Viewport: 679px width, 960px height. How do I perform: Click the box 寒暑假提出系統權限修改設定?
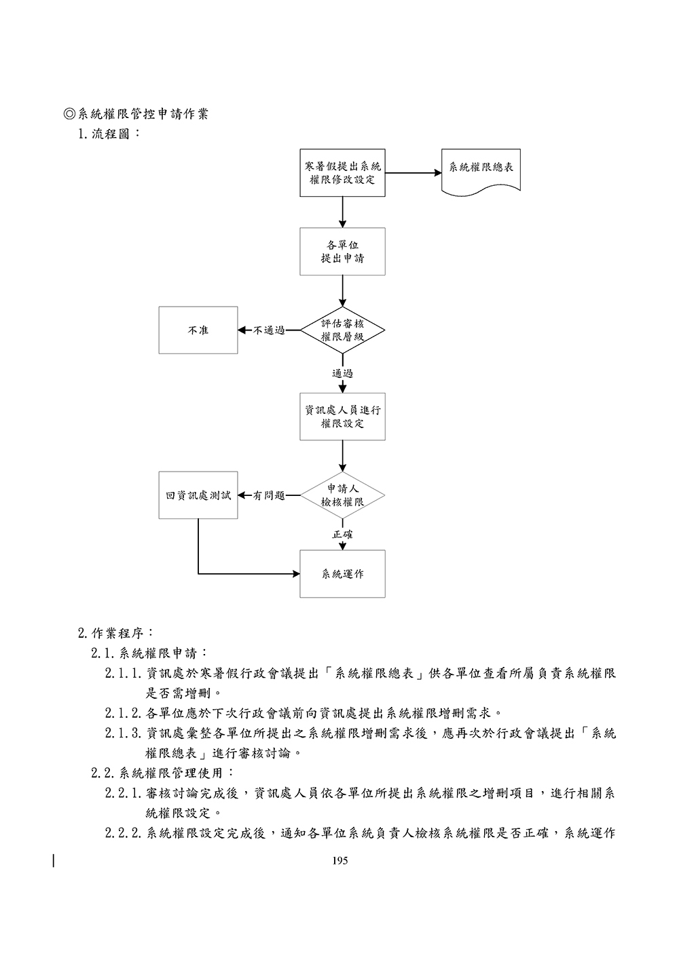click(x=342, y=173)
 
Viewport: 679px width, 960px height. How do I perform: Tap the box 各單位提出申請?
click(x=342, y=251)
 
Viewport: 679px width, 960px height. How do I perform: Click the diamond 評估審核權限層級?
click(x=342, y=330)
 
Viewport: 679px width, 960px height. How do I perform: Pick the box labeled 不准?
click(x=198, y=330)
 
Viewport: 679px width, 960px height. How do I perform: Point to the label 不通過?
click(x=269, y=331)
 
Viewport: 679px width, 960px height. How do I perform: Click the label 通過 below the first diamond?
click(x=342, y=373)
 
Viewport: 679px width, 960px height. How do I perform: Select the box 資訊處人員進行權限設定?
click(x=342, y=417)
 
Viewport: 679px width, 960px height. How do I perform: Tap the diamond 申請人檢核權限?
click(x=342, y=496)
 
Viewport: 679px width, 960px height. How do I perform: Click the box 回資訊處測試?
click(x=198, y=496)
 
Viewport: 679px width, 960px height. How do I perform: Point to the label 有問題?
click(x=269, y=496)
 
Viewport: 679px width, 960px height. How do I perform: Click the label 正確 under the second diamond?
click(x=342, y=535)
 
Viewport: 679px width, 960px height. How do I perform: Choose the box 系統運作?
click(x=342, y=574)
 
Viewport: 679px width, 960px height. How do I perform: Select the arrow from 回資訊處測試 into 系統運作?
click(x=244, y=574)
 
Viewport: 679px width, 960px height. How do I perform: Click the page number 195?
click(x=340, y=861)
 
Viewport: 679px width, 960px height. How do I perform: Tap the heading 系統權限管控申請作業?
click(x=143, y=114)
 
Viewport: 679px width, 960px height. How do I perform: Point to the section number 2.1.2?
click(x=123, y=713)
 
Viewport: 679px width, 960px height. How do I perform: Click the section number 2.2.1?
click(x=123, y=792)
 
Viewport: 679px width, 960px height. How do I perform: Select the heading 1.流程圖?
click(x=109, y=134)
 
